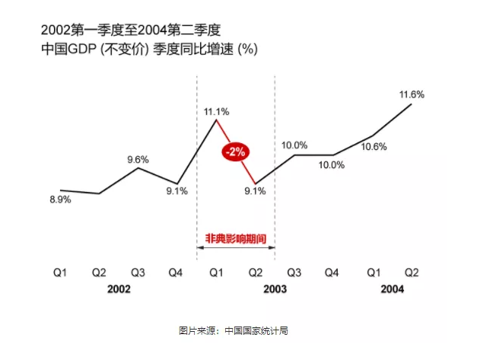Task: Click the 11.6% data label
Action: tap(412, 94)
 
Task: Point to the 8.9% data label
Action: tap(60, 199)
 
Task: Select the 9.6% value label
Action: tap(138, 159)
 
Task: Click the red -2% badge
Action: tap(234, 151)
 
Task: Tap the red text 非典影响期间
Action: tap(236, 237)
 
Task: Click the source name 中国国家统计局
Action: tap(255, 331)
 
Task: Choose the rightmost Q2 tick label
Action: tap(412, 272)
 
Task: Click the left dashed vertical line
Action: tap(196, 167)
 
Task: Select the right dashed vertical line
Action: tap(275, 167)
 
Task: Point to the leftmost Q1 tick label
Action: tap(60, 272)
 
